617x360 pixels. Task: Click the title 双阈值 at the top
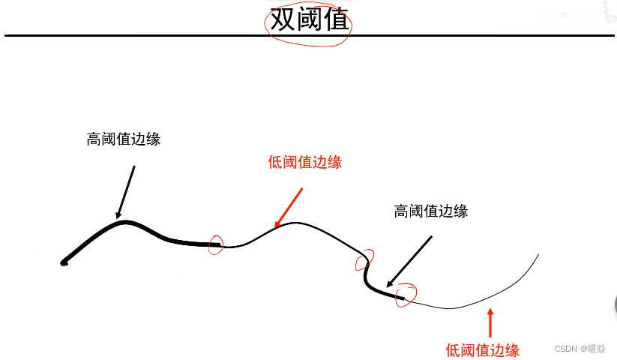[309, 19]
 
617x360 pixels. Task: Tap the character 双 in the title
[283, 19]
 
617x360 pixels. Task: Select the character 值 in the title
[336, 19]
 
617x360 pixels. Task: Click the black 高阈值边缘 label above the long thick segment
[124, 139]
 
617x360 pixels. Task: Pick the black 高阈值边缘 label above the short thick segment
[430, 211]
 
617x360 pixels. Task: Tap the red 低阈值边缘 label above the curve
[304, 162]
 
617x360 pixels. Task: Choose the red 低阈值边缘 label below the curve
[482, 349]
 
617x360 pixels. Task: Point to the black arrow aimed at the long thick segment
[126, 191]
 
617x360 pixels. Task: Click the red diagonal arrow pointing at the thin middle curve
[289, 207]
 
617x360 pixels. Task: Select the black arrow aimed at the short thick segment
[409, 262]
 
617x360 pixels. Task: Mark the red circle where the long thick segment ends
[216, 244]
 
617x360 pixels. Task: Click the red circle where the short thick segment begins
[364, 261]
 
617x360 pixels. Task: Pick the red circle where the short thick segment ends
[406, 294]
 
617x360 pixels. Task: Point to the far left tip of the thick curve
[64, 262]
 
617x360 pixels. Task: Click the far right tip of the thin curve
[538, 255]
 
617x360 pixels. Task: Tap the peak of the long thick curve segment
[126, 222]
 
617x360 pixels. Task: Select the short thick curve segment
[379, 289]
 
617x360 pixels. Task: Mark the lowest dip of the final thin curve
[450, 308]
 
